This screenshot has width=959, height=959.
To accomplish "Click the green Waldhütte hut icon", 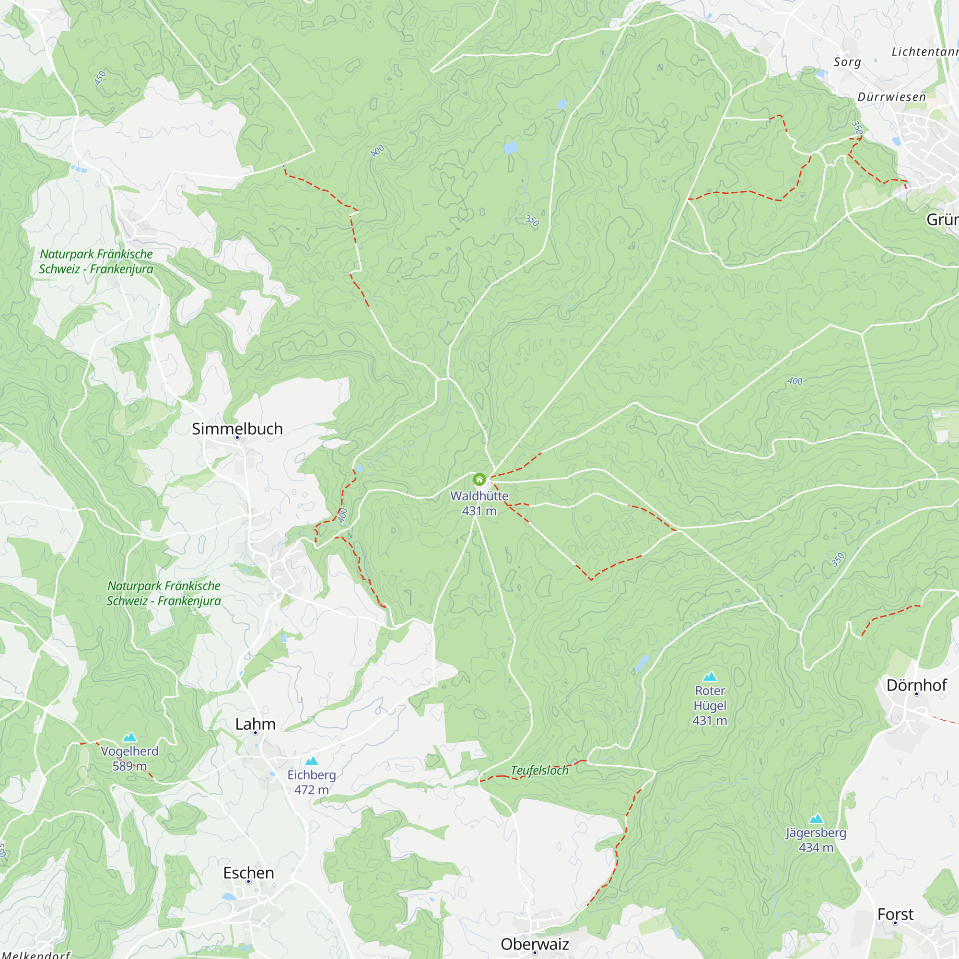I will click(479, 479).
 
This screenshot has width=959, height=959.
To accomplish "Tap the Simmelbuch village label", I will click(237, 429).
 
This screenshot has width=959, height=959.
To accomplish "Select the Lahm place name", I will click(255, 724).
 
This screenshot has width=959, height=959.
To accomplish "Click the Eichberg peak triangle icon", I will click(311, 761).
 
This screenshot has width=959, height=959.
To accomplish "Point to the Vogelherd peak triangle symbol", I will click(129, 737).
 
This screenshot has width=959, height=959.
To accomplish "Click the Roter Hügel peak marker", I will click(710, 677).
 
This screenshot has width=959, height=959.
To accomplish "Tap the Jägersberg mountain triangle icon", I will click(816, 819).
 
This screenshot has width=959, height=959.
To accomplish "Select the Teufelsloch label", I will click(539, 771).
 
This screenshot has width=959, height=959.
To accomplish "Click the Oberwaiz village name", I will click(535, 944).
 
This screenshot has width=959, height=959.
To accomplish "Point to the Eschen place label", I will click(248, 873).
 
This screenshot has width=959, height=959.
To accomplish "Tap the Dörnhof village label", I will click(916, 685).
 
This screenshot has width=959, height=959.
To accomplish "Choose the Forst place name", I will click(895, 914).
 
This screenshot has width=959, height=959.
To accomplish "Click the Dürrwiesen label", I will click(891, 97).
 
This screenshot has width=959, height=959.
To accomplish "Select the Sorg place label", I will click(847, 62).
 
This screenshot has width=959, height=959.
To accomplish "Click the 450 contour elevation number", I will click(100, 78).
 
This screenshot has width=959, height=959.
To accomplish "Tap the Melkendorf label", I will click(36, 954).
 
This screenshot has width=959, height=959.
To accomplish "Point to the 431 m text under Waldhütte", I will click(479, 511).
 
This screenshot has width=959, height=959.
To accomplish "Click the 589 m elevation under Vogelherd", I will click(129, 766).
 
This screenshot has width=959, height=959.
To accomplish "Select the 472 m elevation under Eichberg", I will click(311, 790).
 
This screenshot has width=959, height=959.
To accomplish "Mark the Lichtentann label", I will click(924, 52).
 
